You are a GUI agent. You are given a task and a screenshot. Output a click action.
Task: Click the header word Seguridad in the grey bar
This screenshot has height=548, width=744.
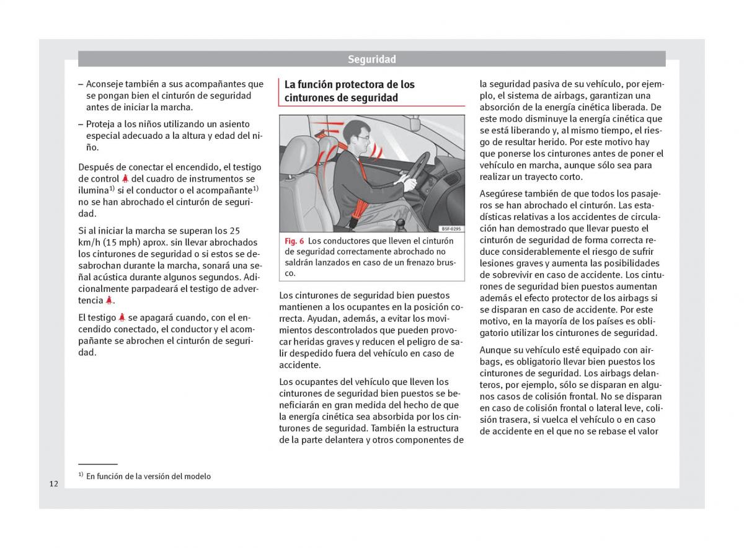click(x=371, y=60)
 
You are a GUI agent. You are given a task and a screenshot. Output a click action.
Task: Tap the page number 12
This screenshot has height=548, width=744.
click(x=54, y=484)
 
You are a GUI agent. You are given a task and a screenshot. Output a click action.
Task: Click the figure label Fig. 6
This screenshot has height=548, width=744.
click(x=294, y=241)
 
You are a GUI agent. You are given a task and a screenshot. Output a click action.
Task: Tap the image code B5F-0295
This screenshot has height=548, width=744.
click(x=451, y=229)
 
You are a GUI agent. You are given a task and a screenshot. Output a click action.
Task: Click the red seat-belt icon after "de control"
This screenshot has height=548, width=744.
click(x=125, y=179)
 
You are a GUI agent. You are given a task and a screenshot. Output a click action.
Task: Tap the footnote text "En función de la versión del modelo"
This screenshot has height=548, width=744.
click(x=148, y=476)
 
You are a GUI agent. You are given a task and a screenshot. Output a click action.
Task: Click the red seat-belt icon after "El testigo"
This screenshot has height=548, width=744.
click(x=122, y=317)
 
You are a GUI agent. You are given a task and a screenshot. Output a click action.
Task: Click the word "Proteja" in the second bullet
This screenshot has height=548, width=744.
click(x=100, y=124)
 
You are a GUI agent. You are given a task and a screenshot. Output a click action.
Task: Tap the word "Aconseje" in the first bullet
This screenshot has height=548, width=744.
click(x=105, y=84)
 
